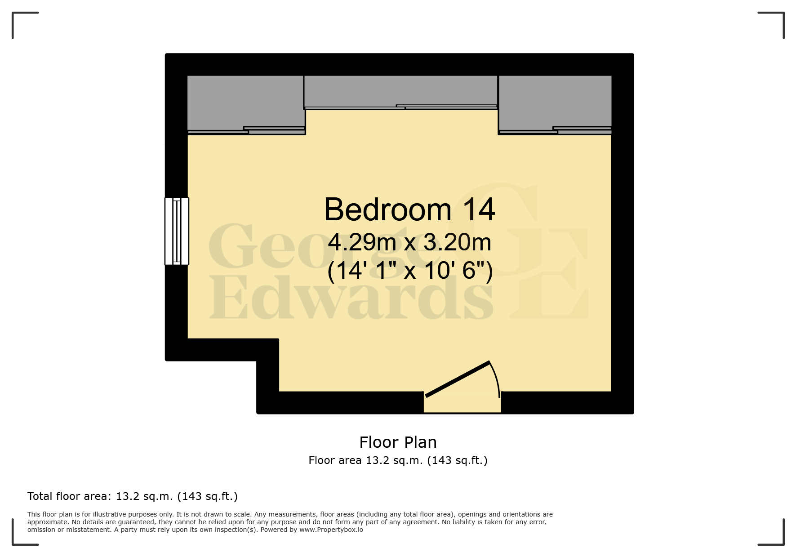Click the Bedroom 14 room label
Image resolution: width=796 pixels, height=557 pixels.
click(x=409, y=209)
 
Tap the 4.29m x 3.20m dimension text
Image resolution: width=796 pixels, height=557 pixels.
click(x=409, y=242)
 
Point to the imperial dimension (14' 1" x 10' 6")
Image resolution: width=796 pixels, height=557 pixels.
click(x=409, y=271)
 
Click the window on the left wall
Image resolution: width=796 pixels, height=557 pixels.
click(x=177, y=231)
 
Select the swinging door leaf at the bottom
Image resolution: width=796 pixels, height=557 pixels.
click(x=458, y=379)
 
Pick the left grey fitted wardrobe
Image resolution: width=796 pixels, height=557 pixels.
click(x=245, y=101)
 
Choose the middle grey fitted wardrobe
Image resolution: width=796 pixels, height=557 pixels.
click(x=401, y=90)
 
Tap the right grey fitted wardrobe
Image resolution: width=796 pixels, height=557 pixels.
click(x=555, y=101)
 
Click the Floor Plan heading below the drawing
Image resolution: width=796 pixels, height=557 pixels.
click(x=398, y=442)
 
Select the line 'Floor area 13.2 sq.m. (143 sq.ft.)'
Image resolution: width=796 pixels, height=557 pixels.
click(x=398, y=460)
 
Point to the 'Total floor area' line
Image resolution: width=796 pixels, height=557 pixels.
click(x=132, y=496)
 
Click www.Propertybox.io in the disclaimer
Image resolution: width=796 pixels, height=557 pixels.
click(x=331, y=530)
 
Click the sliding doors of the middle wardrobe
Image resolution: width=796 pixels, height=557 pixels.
click(x=401, y=107)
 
